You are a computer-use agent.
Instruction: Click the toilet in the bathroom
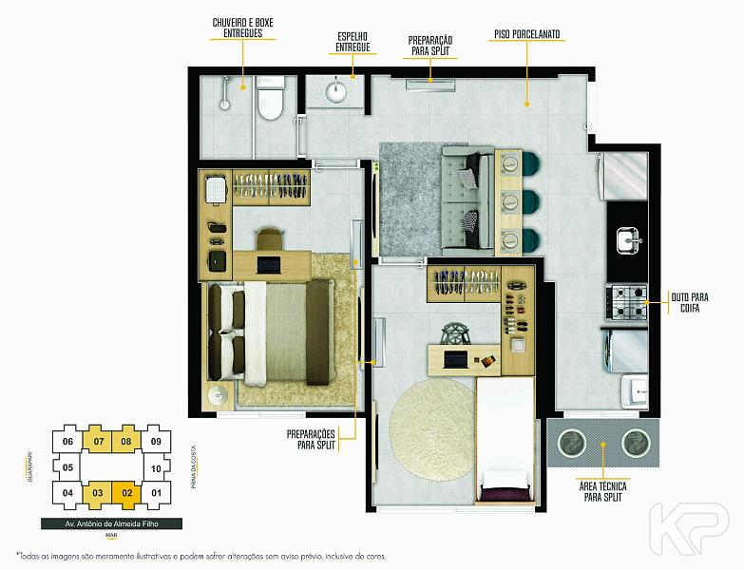point(270,97)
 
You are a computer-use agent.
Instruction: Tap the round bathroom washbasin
point(337,91)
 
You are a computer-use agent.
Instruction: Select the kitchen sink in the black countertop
point(629,240)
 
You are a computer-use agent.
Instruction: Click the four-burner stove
point(626,301)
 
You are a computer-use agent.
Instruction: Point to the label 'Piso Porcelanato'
point(526,34)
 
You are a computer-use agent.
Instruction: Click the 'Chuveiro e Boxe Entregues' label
point(242,28)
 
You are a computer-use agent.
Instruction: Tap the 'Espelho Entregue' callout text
point(353,42)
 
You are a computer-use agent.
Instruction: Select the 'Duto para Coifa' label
point(690,302)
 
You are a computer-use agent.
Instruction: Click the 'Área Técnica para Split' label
point(602,492)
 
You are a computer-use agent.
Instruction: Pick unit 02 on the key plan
point(126,493)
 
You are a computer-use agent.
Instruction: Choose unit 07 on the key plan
point(98,442)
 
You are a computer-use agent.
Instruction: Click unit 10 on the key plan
point(156,468)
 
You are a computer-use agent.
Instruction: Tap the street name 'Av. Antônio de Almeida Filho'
point(112,524)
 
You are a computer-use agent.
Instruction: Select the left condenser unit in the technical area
point(571,443)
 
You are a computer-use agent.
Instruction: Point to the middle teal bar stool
point(531,202)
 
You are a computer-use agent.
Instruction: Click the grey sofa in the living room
point(467,198)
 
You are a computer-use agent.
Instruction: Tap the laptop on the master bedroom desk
point(269,265)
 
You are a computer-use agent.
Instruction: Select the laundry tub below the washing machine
point(636,390)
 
